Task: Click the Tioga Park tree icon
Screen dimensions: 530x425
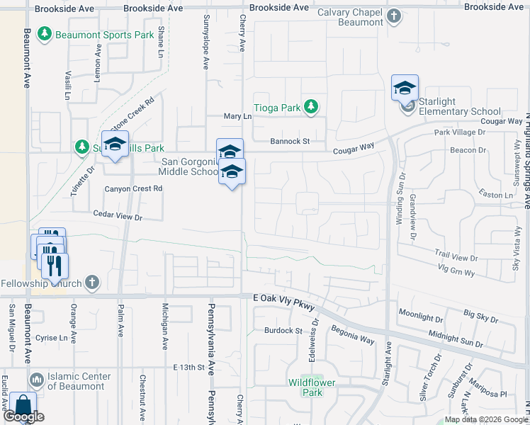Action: pyautogui.click(x=310, y=107)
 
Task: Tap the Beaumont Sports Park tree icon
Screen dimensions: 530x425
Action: pyautogui.click(x=45, y=33)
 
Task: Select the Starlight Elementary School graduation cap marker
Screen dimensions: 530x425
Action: pyautogui.click(x=405, y=88)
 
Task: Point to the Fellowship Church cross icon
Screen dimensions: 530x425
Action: pyautogui.click(x=91, y=283)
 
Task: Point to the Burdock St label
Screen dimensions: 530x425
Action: pyautogui.click(x=283, y=331)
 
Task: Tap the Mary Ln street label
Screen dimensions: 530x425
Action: pyautogui.click(x=237, y=116)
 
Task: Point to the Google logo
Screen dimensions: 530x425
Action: pyautogui.click(x=23, y=416)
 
